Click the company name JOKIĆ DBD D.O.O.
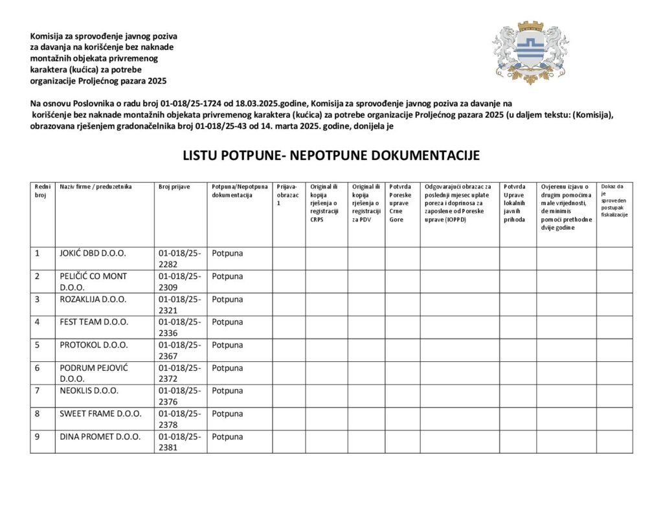(x=93, y=253)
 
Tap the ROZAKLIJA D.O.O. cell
(x=93, y=299)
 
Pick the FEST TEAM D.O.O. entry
(x=94, y=322)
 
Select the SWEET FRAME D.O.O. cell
(x=100, y=413)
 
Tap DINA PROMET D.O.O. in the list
(x=100, y=436)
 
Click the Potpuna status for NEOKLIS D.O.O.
(x=227, y=390)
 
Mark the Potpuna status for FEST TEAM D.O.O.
(x=227, y=322)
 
